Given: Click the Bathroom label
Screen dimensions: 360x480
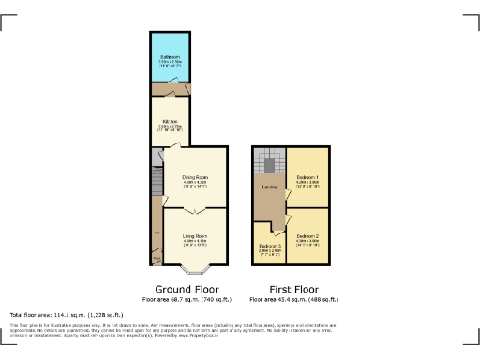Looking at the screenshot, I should point(170,57).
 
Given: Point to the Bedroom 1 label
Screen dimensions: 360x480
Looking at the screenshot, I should point(307,176).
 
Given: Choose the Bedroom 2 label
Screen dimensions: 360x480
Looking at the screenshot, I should point(307,236).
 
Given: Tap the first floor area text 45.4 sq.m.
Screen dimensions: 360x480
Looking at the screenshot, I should point(294,299).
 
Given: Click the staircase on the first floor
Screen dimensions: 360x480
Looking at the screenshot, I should point(268,166).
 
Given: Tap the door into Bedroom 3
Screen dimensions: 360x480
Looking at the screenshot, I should point(271,225).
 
